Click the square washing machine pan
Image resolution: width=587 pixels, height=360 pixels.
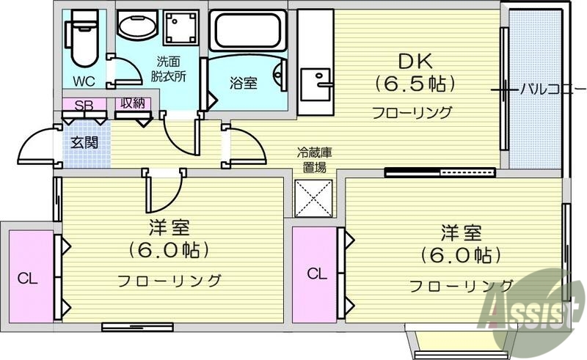click(180, 29)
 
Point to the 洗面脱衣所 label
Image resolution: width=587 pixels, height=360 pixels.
click(169, 69)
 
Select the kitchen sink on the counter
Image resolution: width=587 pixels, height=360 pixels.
click(317, 78)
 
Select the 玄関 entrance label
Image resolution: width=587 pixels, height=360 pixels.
click(84, 142)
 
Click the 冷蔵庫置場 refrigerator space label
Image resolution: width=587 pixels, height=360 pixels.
click(315, 160)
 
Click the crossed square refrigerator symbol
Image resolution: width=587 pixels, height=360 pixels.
click(315, 196)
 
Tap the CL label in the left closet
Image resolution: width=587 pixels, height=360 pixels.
click(28, 278)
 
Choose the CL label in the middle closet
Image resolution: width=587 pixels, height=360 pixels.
click(316, 274)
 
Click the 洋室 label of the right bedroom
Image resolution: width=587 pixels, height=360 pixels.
click(460, 233)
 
